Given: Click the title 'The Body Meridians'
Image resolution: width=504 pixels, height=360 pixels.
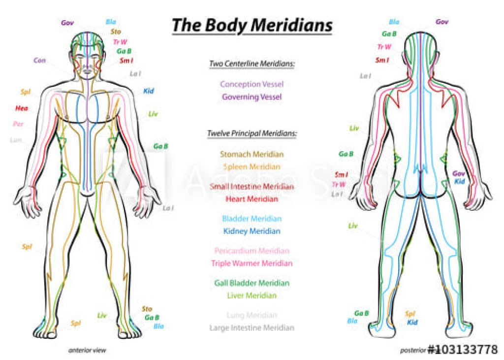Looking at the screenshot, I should tap(252, 25).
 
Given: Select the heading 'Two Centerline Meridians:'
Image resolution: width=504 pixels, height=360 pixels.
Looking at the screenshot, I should tap(252, 64).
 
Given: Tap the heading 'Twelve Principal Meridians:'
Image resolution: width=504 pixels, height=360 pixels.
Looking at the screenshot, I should tap(252, 133).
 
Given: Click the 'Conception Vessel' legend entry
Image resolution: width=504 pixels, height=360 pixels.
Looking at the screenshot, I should tap(252, 84).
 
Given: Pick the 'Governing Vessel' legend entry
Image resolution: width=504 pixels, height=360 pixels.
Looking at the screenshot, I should tap(252, 97).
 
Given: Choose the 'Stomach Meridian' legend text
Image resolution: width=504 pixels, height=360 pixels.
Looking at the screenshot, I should tap(252, 154).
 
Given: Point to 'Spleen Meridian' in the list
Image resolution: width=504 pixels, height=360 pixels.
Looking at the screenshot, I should tap(252, 167).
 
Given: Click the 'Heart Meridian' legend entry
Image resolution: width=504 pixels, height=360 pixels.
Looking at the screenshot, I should tap(252, 199).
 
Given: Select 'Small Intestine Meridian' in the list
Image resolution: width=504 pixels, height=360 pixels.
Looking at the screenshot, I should tap(252, 187).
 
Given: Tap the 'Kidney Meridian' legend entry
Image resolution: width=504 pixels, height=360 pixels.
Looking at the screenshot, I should tap(252, 231).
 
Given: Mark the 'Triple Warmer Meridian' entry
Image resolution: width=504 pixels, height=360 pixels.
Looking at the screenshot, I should tap(252, 263).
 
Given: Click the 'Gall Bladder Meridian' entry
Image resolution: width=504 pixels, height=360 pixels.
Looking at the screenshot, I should tap(252, 283).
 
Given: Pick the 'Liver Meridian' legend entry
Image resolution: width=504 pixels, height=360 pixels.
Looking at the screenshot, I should tap(252, 296).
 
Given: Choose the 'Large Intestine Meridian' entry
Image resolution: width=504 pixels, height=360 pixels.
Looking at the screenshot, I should tap(252, 328).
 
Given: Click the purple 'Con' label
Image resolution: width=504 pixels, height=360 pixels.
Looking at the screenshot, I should tap(40, 61).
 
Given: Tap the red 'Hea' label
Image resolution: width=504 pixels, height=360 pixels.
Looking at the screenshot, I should tap(22, 108).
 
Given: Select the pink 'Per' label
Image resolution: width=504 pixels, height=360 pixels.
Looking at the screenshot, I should tap(18, 124).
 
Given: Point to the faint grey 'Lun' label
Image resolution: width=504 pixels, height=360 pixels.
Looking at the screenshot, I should tap(16, 140).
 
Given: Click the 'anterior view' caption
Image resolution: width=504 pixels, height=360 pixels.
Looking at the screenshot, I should tap(87, 351).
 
